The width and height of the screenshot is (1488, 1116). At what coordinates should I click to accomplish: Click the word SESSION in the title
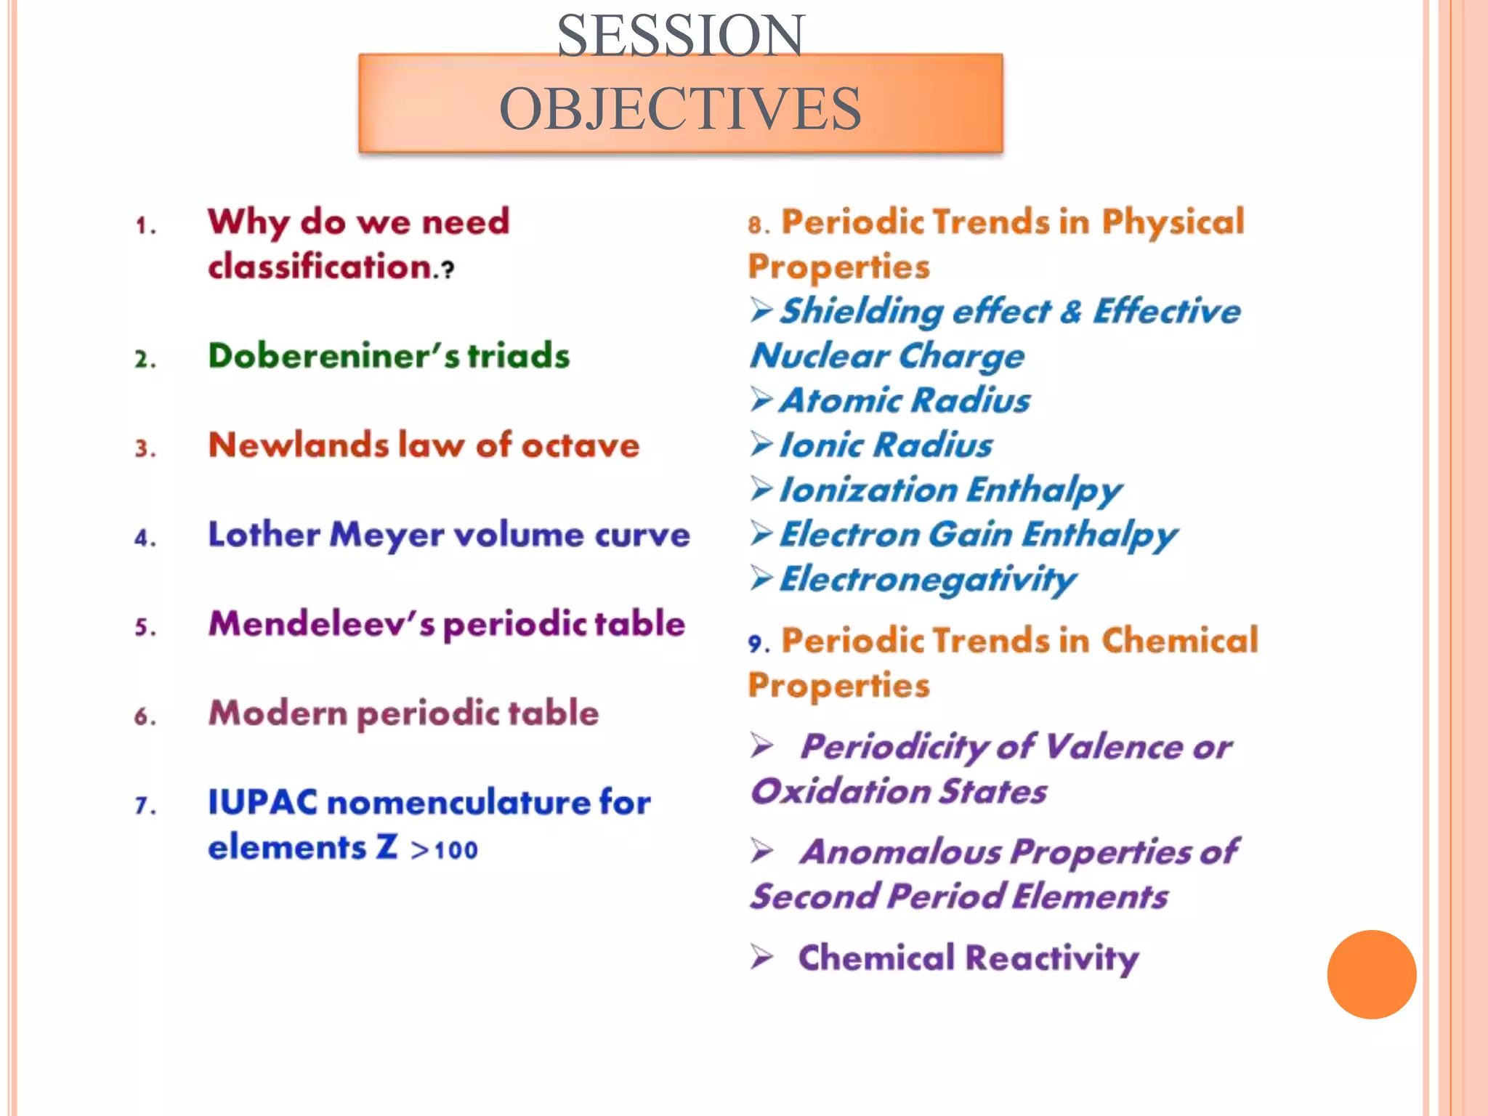pos(681,36)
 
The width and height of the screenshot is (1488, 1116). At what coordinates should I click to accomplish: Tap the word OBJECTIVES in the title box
pos(681,109)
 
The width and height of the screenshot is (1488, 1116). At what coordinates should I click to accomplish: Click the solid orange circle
pos(1371,974)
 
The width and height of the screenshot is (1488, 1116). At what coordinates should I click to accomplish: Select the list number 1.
pos(145,226)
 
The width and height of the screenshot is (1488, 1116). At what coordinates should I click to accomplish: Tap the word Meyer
pos(387,535)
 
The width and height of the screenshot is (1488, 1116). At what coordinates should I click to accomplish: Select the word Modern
pos(278,713)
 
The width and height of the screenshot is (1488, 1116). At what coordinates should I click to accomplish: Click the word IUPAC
pos(262,802)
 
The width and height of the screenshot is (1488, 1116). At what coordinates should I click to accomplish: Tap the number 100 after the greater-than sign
pos(456,850)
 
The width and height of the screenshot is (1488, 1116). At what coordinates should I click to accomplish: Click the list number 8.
pos(758,225)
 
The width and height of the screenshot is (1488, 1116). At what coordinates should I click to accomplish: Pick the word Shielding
pos(862,312)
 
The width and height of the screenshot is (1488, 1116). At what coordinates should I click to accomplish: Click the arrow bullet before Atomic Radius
pos(761,400)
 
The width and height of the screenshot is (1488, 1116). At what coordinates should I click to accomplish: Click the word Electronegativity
pos(927,580)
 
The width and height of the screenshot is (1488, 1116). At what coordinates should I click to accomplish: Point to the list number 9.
pos(758,643)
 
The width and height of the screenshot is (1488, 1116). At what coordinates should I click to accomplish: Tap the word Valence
pos(1114,747)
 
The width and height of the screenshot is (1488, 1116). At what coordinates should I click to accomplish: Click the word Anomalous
pos(900,852)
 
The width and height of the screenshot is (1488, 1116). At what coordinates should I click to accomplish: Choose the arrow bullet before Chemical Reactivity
pos(762,957)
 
